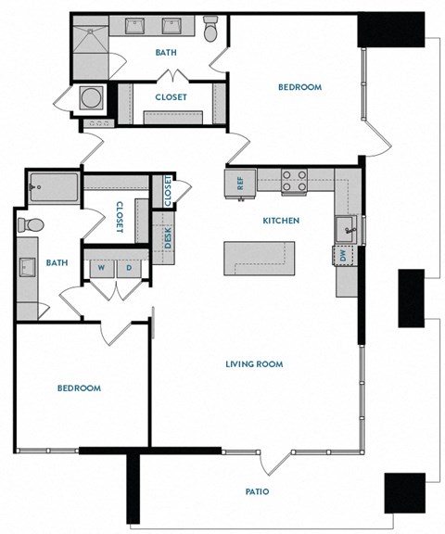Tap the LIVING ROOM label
[253, 364]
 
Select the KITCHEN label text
[280, 221]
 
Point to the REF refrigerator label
[239, 183]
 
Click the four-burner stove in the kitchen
[294, 180]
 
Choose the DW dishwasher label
[344, 253]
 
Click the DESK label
[168, 237]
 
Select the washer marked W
[100, 268]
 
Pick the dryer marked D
[128, 268]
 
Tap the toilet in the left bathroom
[30, 224]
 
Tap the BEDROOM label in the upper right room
[299, 88]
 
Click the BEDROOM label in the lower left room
[79, 388]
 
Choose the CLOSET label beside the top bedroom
[171, 96]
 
